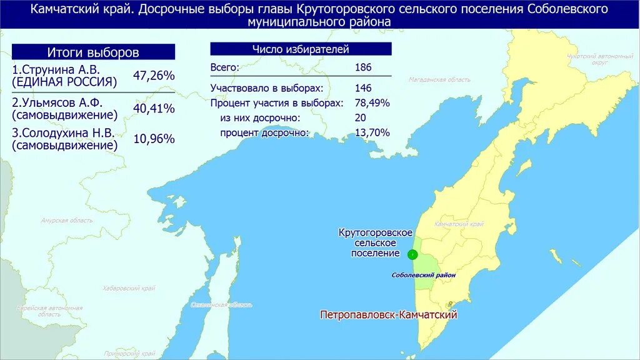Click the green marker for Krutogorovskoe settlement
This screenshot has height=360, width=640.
coord(412,254)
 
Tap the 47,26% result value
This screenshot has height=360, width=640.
coord(154,76)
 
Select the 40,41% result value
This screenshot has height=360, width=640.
coord(154,109)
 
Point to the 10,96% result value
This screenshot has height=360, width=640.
coord(154,139)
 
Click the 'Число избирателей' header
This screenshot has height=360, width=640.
coord(301,49)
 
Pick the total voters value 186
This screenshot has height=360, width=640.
coord(363,67)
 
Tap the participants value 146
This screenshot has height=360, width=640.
coord(363,87)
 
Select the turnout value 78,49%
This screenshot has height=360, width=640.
coord(372,102)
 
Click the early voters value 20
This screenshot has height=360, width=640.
coord(360,117)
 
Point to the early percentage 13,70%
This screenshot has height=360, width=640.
coord(372,132)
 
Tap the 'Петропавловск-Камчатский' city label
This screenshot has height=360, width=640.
coord(389,315)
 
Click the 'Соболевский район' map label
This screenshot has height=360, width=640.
coord(424,275)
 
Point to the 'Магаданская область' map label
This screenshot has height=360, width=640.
coord(439,80)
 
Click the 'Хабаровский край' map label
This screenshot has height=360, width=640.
coord(129,288)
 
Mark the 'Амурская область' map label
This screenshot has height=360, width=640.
coord(66,221)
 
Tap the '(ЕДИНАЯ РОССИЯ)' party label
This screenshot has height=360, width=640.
coord(64,82)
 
